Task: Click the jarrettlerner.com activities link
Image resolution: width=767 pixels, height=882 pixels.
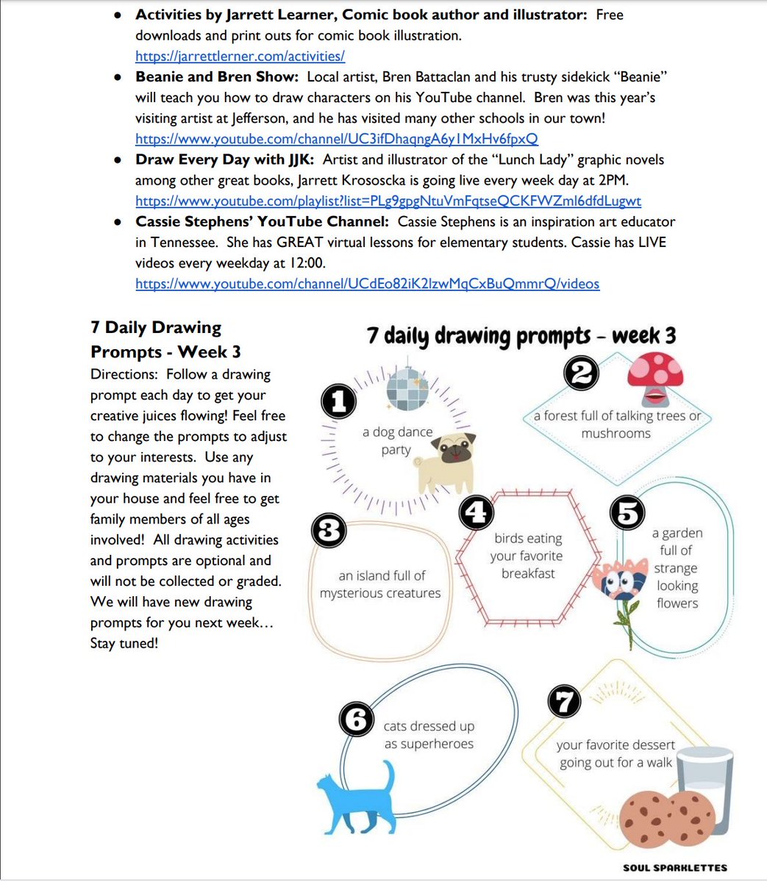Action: click(240, 56)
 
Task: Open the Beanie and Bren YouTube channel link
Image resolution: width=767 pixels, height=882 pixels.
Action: click(336, 138)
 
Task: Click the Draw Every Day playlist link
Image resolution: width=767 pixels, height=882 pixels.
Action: click(388, 201)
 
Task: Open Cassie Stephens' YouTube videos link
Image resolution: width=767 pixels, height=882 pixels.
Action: click(367, 284)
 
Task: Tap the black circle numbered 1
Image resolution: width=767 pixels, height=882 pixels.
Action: click(338, 402)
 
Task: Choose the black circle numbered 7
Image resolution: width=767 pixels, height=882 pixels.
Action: click(565, 703)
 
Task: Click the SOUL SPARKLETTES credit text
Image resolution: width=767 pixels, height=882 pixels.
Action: click(675, 868)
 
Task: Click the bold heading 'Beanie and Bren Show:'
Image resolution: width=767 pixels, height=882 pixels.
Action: click(217, 76)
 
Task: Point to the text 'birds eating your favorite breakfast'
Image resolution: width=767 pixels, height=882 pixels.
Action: click(527, 556)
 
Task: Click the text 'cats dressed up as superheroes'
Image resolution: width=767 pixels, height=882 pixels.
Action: click(429, 735)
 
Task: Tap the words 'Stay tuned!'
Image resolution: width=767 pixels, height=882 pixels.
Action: click(124, 644)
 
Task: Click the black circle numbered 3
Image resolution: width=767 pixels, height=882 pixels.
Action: click(328, 530)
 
